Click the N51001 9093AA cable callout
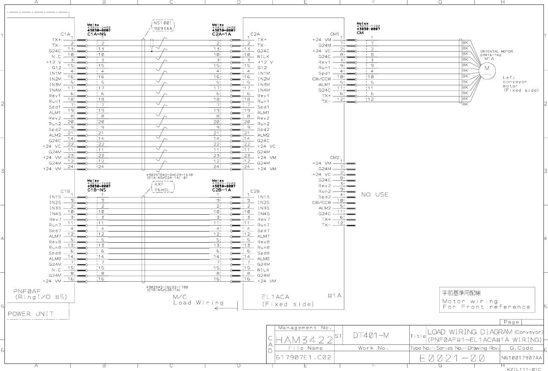tap(163, 25)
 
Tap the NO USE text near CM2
tap(375, 194)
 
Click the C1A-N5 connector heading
tap(97, 34)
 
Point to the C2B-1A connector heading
tap(222, 190)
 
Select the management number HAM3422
tap(304, 340)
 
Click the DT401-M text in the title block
tap(371, 335)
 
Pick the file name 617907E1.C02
tap(304, 357)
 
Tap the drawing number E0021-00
tap(452, 358)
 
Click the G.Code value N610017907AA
tap(521, 358)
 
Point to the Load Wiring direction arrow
tap(227, 309)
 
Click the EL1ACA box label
tap(275, 297)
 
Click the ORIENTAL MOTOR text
tap(496, 51)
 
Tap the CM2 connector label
tap(335, 158)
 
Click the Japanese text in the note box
tap(461, 293)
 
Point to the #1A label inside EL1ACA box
tap(335, 295)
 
